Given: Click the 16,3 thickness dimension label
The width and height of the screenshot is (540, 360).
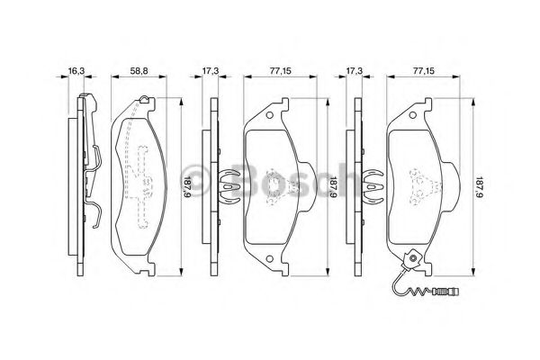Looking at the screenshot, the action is (x=76, y=71).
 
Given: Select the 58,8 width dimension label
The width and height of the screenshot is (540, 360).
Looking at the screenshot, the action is (x=139, y=71).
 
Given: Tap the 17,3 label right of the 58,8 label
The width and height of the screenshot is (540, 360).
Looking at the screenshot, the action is (x=210, y=71).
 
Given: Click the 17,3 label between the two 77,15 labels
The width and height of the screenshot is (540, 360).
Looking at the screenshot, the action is (x=355, y=71).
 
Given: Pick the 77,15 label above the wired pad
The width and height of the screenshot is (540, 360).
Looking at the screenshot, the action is (x=424, y=71).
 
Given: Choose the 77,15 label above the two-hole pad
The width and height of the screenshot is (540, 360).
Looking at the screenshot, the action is (x=280, y=71).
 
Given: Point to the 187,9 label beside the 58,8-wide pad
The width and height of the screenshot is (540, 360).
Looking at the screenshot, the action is (x=187, y=186).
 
